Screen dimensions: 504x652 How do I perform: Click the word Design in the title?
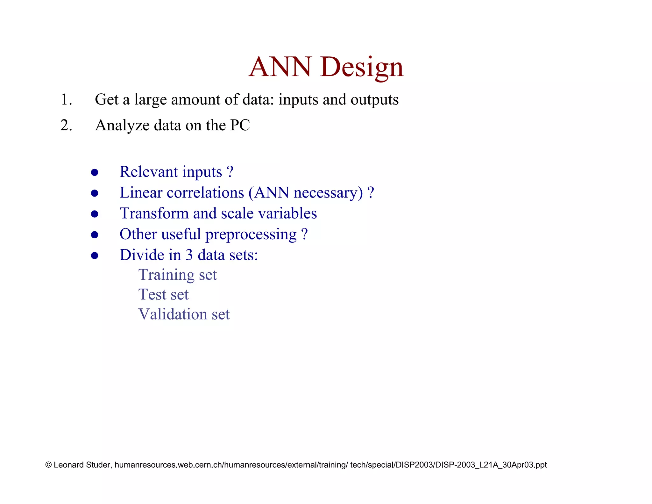coord(362,68)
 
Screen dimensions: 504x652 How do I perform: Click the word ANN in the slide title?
coord(280,67)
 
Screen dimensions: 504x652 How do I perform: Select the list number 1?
coord(66,100)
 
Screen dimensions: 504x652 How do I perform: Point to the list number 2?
coord(66,125)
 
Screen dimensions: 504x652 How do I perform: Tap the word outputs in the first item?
coord(374,100)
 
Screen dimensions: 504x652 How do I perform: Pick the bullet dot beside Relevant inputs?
coord(95,173)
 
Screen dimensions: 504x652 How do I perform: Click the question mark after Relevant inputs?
coord(230,172)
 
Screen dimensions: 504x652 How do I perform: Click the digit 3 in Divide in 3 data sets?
coord(189,255)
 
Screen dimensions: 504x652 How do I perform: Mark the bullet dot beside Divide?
coord(95,256)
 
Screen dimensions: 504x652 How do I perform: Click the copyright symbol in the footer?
coord(49,465)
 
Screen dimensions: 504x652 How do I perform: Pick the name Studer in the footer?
coord(98,465)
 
